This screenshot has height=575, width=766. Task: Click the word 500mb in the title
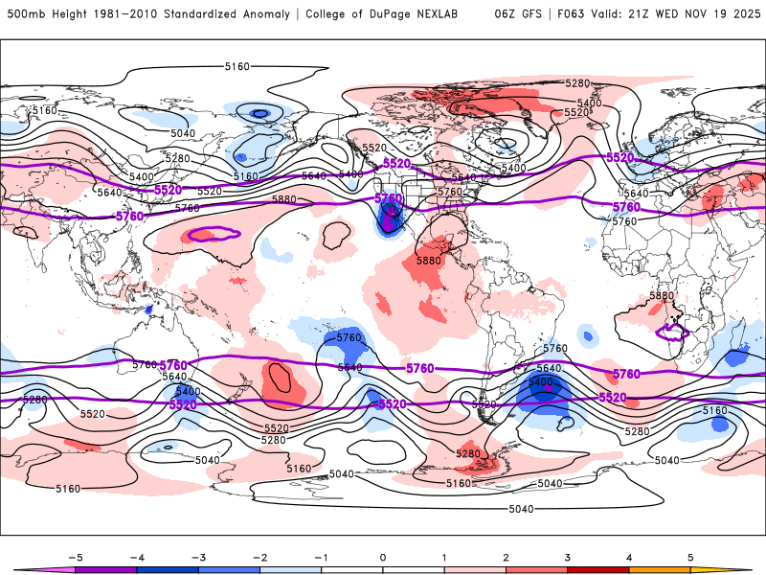click(24, 14)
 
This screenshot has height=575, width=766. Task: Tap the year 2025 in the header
click(745, 14)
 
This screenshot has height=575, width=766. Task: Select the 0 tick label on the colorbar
click(383, 556)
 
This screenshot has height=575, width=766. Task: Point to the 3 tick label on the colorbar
click(568, 556)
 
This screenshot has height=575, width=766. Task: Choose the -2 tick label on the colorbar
click(259, 556)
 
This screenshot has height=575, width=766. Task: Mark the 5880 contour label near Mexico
click(428, 261)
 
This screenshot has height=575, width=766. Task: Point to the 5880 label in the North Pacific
click(284, 199)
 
